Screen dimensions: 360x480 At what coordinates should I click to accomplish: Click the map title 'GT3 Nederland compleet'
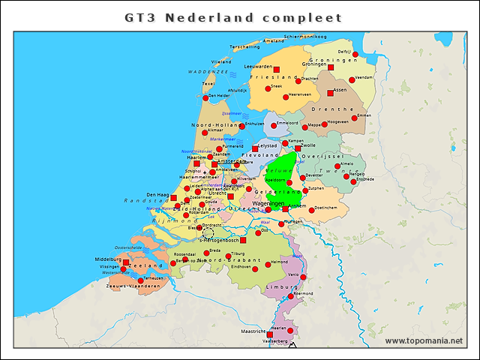tap(232, 16)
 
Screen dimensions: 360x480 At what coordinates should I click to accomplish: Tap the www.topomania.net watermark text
tap(424, 341)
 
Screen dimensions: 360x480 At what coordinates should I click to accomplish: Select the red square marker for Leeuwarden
tap(277, 69)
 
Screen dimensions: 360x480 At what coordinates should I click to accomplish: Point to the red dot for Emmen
tap(357, 121)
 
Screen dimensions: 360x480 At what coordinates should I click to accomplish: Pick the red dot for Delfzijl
tap(355, 54)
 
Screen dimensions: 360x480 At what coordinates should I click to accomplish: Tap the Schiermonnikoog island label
tap(304, 36)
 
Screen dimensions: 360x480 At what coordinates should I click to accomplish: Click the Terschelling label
tap(244, 46)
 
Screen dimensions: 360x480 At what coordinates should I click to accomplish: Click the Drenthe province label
tap(326, 109)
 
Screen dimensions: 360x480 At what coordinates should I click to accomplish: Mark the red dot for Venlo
tap(303, 277)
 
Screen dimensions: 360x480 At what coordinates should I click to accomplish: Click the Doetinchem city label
tap(324, 208)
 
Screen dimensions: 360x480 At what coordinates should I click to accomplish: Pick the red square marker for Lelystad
tap(255, 148)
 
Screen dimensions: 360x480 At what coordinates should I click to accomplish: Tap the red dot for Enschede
tap(352, 180)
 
